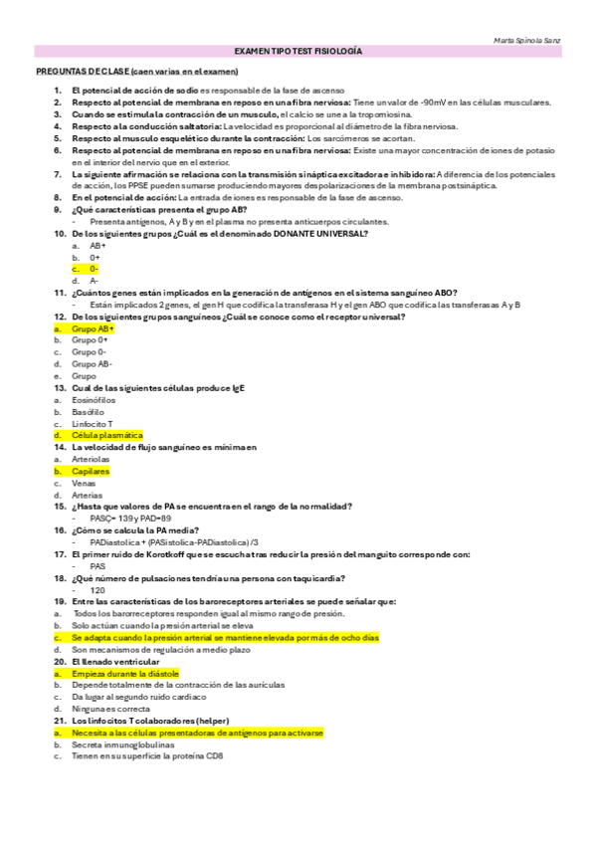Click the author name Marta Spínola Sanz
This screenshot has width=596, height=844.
[527, 41]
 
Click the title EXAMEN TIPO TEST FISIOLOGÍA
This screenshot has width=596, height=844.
[298, 51]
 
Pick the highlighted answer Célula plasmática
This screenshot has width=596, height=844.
[106, 435]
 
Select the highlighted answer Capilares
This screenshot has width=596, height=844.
[91, 471]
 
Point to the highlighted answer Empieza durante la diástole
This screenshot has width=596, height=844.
[124, 674]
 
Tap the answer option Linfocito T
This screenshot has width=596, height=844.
[93, 423]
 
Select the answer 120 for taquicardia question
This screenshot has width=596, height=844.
[97, 589]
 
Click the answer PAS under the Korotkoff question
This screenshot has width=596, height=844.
[98, 565]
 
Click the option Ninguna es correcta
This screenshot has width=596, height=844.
[111, 709]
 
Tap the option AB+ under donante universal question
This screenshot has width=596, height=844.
[98, 245]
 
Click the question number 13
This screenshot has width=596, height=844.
[60, 387]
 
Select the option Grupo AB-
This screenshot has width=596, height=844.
[92, 364]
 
